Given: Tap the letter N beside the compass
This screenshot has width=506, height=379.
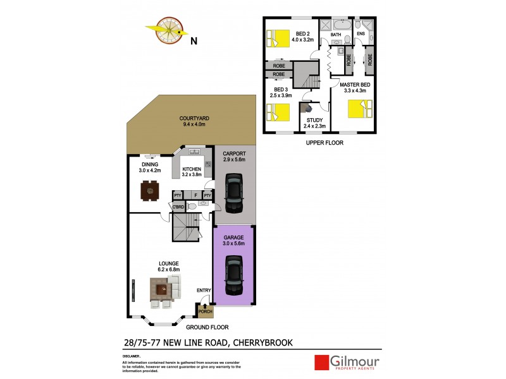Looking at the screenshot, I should (x=194, y=42).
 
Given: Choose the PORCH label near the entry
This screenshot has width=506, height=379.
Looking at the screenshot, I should (x=205, y=311).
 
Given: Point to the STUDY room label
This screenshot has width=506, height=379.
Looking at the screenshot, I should (x=314, y=120).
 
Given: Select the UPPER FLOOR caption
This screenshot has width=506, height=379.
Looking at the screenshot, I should (x=324, y=143).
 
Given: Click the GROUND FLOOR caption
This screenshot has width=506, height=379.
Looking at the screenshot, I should (x=206, y=328).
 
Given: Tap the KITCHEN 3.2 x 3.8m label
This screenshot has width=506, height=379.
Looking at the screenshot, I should (x=192, y=172).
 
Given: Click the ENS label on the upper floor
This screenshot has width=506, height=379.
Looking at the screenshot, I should (x=361, y=34).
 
